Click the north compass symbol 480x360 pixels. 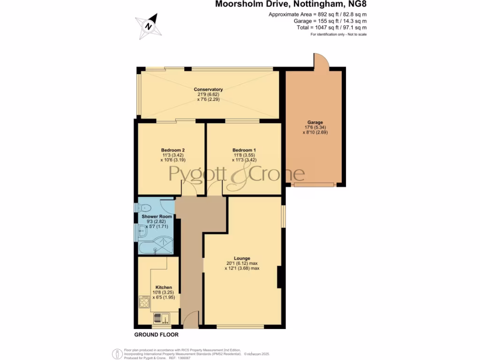149,26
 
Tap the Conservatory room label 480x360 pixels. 209,89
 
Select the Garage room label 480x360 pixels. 315,122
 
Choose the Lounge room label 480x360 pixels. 242,258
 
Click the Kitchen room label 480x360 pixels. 164,287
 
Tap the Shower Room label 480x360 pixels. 157,217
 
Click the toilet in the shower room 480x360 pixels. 144,208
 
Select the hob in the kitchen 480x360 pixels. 144,301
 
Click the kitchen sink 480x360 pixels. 163,319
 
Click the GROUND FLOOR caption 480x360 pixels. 157,335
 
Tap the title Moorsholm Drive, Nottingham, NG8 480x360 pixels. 291,5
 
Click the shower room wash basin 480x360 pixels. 142,229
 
